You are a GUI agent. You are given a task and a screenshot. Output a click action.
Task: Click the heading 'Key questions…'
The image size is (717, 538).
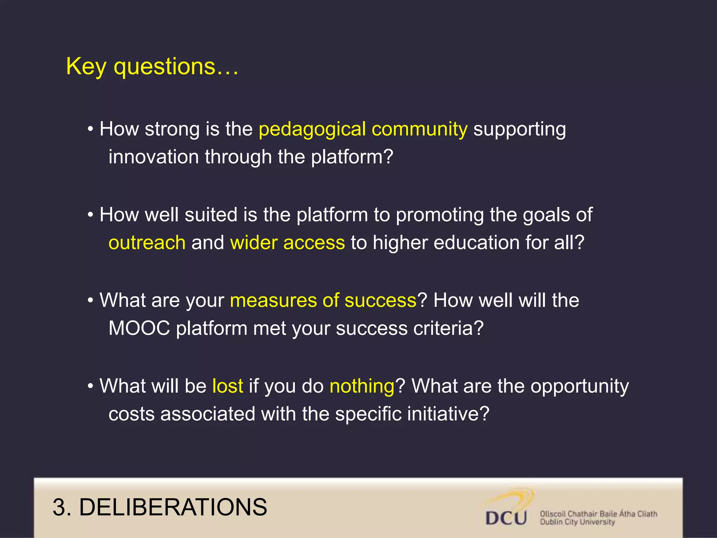tap(152, 67)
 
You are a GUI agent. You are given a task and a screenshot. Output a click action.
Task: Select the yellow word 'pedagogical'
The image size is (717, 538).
tap(312, 130)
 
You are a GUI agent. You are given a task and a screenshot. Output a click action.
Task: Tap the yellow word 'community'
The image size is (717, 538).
tap(419, 130)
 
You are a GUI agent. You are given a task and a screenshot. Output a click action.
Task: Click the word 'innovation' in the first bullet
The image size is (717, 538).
tap(154, 157)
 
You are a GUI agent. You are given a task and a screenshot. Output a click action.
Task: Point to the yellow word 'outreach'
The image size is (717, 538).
tap(147, 242)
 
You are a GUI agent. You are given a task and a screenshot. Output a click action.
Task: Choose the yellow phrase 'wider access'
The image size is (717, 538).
tap(287, 242)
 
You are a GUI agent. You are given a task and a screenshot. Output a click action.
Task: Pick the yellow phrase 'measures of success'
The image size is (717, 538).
tap(323, 301)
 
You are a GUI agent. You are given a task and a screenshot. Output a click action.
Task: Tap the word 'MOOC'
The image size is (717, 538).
tap(139, 328)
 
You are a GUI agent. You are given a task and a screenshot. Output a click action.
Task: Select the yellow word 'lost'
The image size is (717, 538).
tap(228, 386)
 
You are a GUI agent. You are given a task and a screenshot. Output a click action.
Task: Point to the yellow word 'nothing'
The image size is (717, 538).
tap(362, 386)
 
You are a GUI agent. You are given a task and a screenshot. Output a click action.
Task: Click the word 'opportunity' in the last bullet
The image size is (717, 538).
tap(579, 387)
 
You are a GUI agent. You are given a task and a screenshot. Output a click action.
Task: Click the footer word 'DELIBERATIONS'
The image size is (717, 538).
tap(173, 507)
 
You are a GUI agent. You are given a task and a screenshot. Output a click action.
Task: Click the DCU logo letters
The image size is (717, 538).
tap(506, 518)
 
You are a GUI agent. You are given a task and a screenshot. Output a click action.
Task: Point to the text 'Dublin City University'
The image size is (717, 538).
tap(577, 522)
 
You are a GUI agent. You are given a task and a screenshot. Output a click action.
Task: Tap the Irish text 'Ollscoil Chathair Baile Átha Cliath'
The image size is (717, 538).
tap(598, 514)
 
